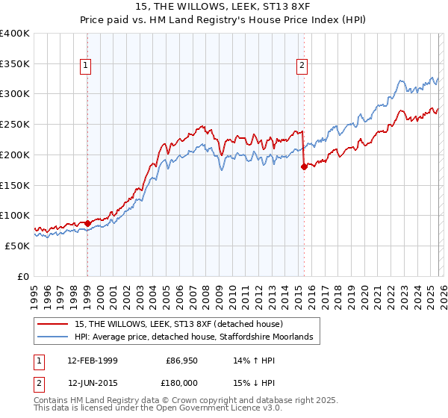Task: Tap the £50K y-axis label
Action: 17,246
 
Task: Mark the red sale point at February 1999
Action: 87,222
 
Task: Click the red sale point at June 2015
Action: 303,166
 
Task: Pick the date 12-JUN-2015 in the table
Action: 92,383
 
